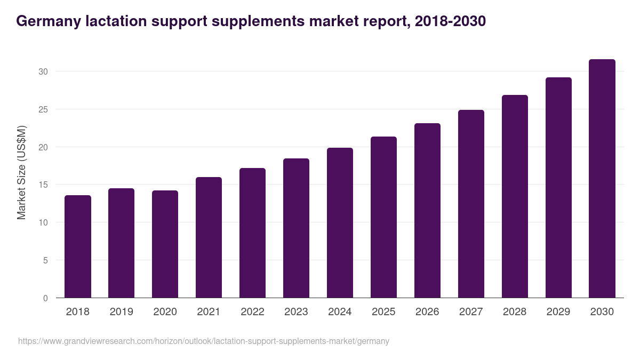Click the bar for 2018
point(78,246)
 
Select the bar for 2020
point(165,244)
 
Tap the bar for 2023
point(296,228)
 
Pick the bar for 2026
point(427,211)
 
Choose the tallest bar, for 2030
point(602,179)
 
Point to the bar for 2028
point(515,196)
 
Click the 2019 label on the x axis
point(122,312)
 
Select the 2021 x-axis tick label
point(209,312)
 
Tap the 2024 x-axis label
point(340,312)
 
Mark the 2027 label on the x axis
point(471,312)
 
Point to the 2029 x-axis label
point(558,312)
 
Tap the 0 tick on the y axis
point(45,298)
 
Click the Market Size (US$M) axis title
point(21,173)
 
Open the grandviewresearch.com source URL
point(204,341)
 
